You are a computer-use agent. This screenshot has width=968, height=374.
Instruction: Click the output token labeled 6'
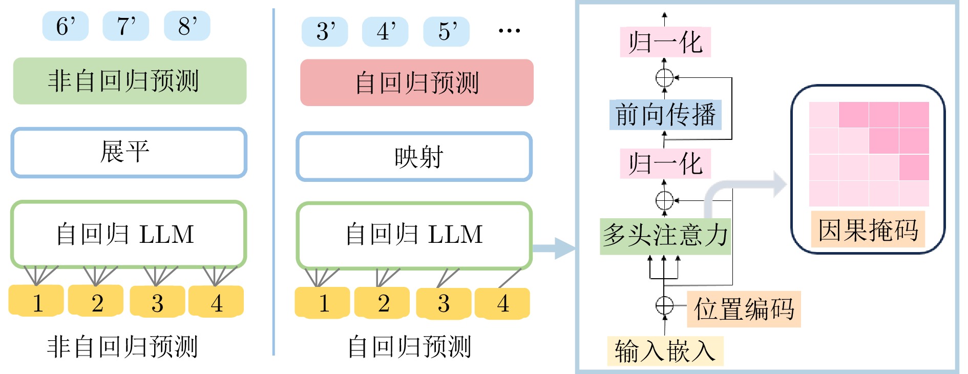[65, 26]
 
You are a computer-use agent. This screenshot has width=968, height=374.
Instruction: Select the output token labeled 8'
[187, 26]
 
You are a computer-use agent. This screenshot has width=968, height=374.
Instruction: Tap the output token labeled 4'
[385, 32]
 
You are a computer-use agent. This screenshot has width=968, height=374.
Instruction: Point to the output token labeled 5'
[446, 32]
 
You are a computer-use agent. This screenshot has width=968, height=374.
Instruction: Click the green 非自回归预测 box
[130, 81]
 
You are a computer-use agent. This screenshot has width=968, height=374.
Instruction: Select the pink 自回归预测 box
[416, 82]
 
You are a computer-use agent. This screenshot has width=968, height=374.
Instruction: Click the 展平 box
[129, 152]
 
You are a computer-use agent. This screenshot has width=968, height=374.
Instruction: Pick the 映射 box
[414, 157]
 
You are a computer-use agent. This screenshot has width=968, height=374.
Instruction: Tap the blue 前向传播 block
[665, 115]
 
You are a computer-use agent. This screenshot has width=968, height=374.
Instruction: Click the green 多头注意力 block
[665, 236]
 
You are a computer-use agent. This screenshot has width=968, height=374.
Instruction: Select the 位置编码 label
[743, 309]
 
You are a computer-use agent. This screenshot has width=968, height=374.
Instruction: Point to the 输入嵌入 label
[665, 351]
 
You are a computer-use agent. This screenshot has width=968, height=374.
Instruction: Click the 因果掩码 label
[868, 229]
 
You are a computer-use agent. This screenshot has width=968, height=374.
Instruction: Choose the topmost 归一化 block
[665, 42]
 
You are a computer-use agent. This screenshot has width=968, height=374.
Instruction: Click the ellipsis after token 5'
[509, 31]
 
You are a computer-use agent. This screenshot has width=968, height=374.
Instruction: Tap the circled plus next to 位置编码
[664, 305]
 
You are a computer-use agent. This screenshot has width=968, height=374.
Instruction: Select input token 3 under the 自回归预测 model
[444, 303]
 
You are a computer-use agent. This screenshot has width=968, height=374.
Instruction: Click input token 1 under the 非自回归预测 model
[36, 302]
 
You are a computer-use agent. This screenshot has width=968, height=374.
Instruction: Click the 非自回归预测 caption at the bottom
[122, 347]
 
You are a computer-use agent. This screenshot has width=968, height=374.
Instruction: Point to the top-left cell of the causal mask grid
[824, 115]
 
